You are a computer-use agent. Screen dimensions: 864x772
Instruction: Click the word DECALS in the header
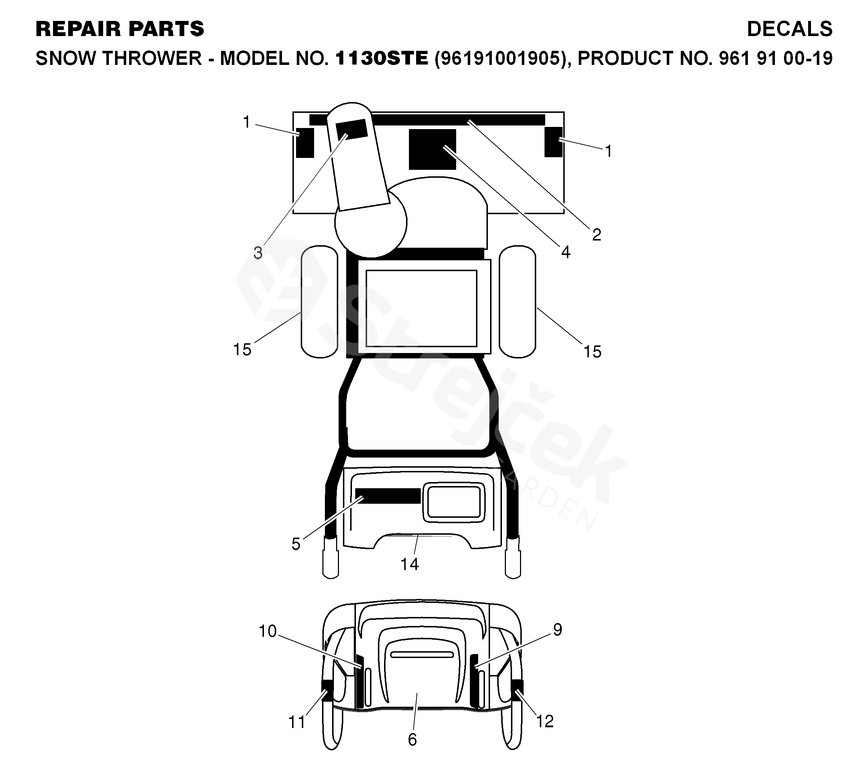[789, 29]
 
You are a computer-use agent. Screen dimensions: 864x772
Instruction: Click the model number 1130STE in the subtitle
[382, 58]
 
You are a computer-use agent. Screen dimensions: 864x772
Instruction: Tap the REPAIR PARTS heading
[120, 29]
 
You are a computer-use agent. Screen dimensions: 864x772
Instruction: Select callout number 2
[596, 235]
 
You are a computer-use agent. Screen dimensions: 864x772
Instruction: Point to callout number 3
[258, 253]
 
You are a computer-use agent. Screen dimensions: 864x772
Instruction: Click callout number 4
[565, 252]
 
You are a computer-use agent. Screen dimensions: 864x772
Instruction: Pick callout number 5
[296, 544]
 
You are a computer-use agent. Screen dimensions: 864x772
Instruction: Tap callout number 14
[409, 564]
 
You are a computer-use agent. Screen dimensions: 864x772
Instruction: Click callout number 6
[412, 740]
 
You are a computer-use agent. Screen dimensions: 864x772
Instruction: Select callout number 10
[268, 631]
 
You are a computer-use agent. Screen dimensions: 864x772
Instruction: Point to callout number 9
[557, 630]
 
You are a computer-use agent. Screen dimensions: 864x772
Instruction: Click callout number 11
[297, 722]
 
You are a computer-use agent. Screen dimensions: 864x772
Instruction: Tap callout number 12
[545, 721]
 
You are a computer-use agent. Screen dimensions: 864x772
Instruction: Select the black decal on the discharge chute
[352, 129]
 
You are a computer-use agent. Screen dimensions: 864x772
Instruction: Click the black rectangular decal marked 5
[388, 496]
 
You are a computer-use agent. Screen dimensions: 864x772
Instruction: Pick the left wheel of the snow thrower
[319, 301]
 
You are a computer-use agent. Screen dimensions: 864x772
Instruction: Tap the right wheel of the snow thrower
[517, 301]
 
